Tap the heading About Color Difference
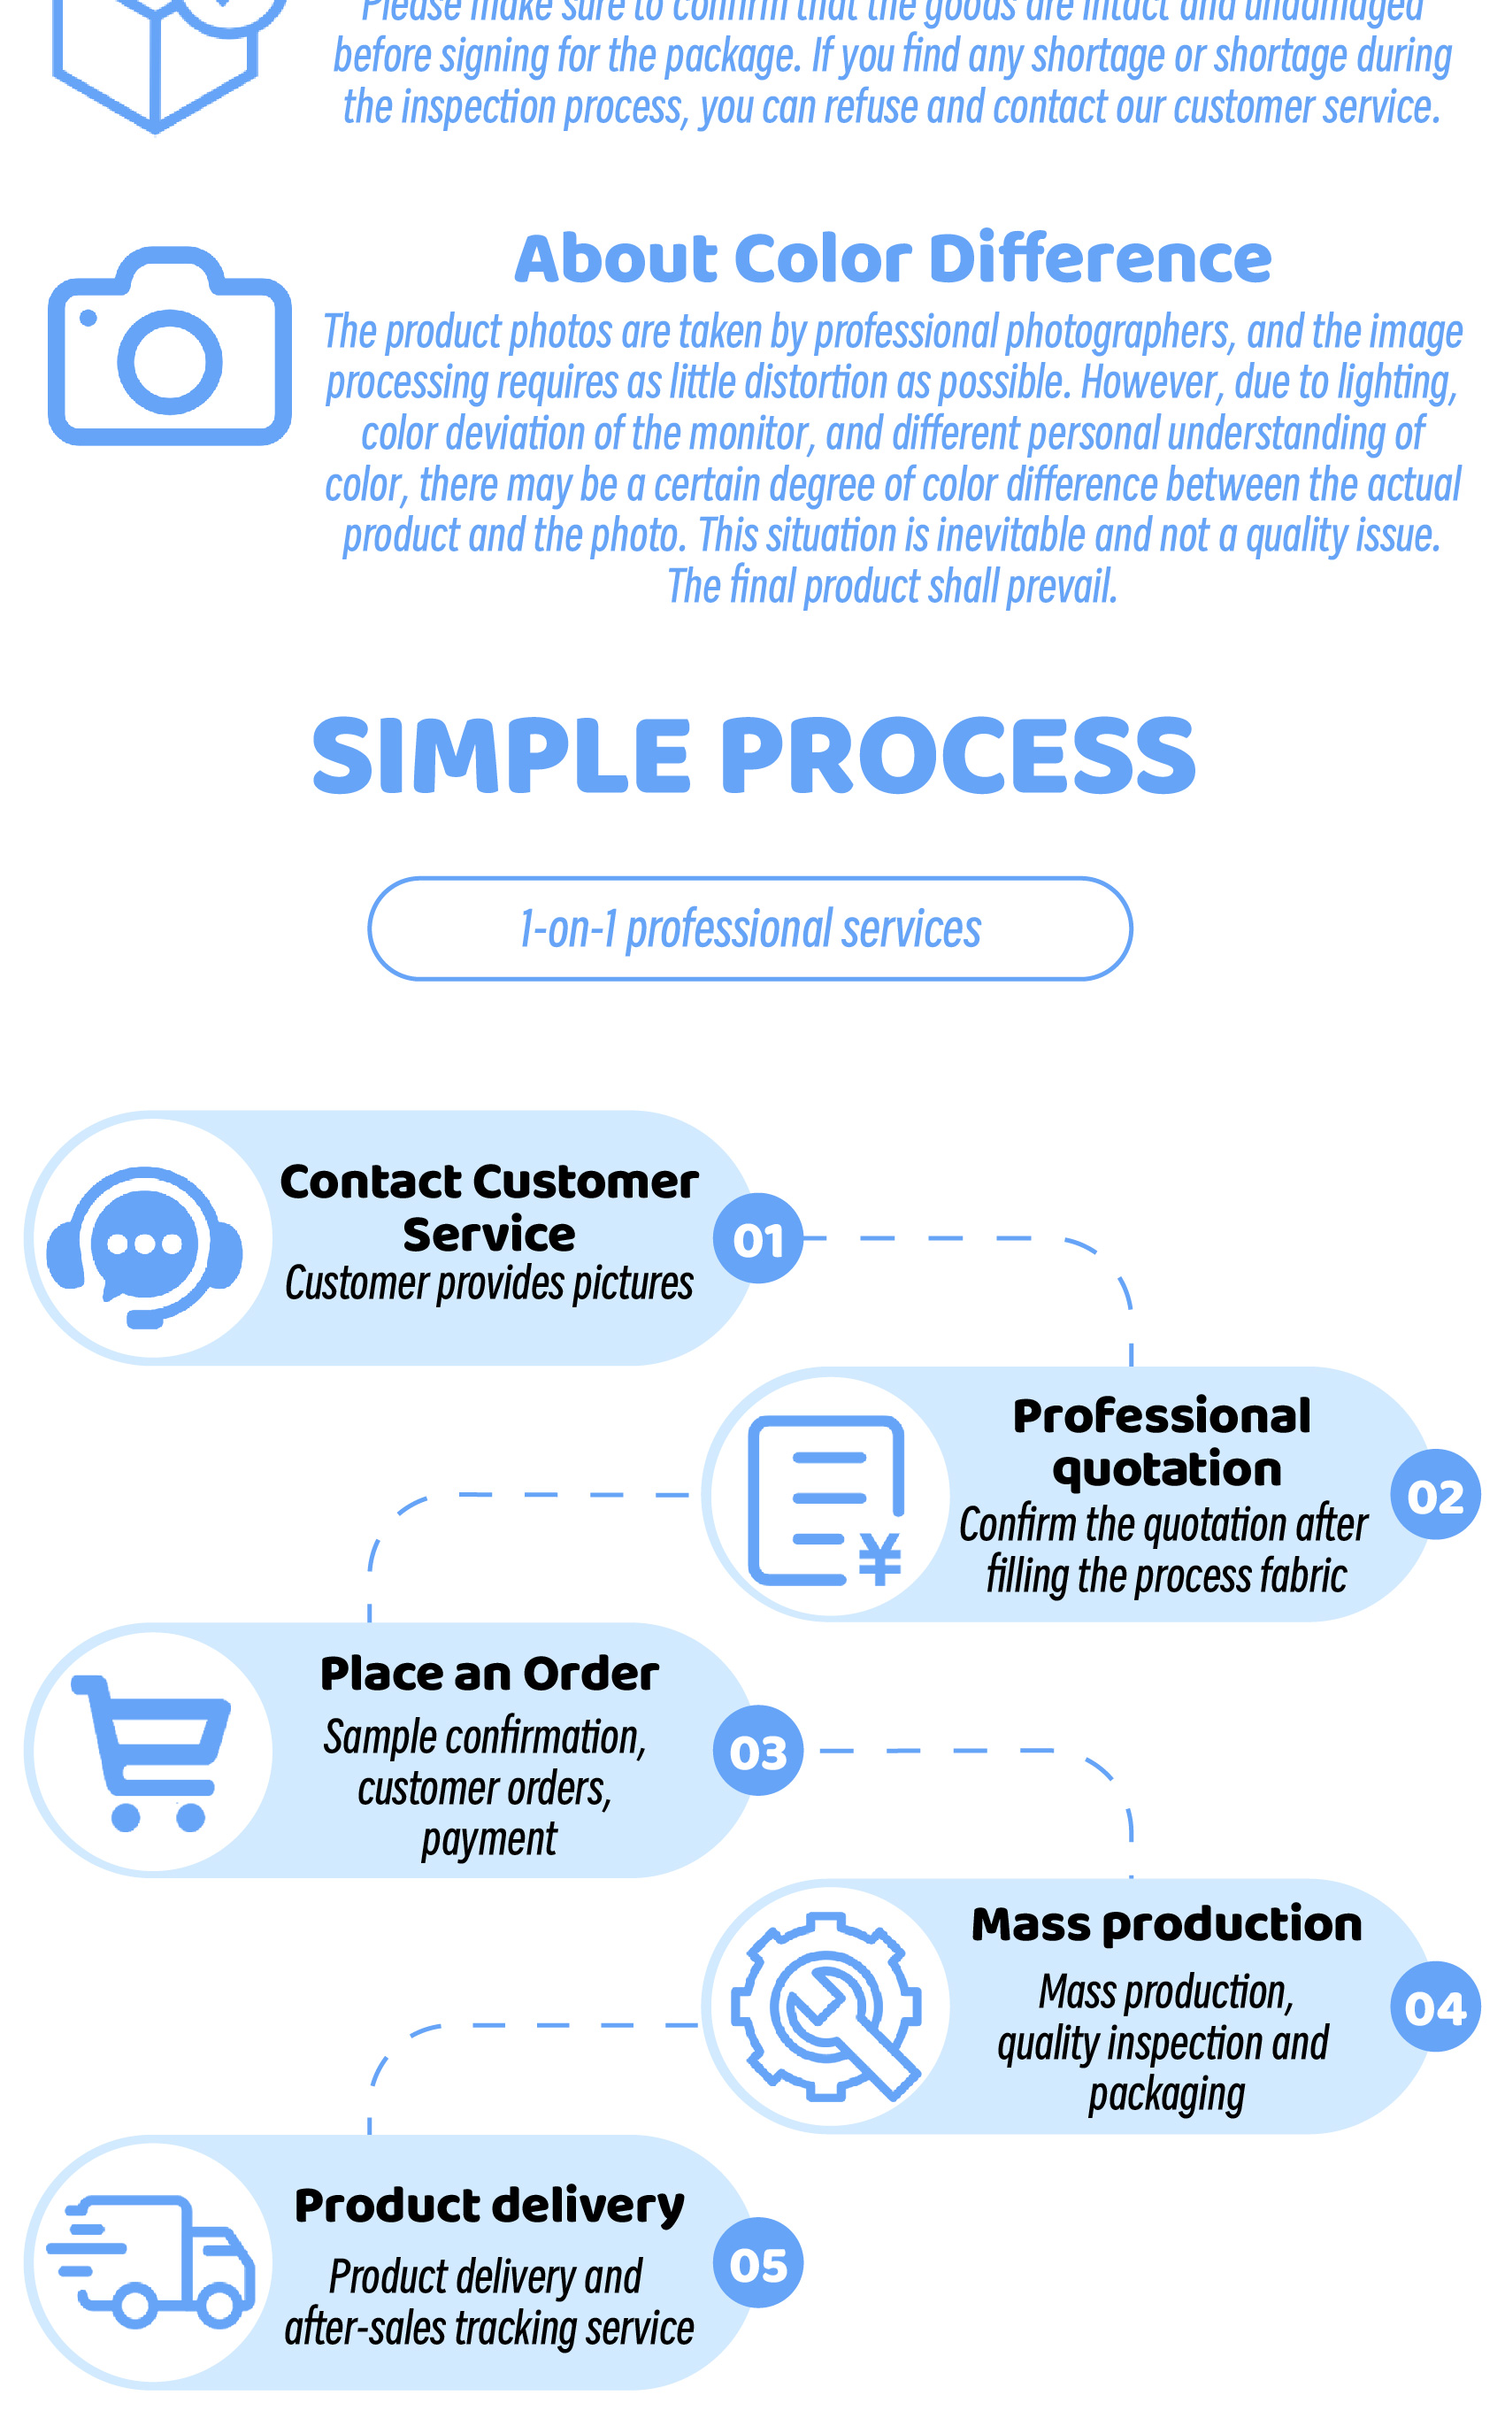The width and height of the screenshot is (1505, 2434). pyautogui.click(x=893, y=258)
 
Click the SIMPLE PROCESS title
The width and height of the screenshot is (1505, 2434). pyautogui.click(x=754, y=756)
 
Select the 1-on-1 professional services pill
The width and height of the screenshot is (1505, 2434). pyautogui.click(x=749, y=928)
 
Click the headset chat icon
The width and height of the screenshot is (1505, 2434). pyautogui.click(x=145, y=1244)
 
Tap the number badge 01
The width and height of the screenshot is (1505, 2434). pyautogui.click(x=757, y=1239)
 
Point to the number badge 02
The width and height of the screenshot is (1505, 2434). pyautogui.click(x=1434, y=1495)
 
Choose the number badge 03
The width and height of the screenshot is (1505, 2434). pyautogui.click(x=757, y=1752)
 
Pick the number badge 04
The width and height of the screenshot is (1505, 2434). pyautogui.click(x=1434, y=2008)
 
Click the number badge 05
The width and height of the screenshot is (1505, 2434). pyautogui.click(x=757, y=2265)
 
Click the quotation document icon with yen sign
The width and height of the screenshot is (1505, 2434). pyautogui.click(x=826, y=1501)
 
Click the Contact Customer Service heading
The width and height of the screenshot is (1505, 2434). pyautogui.click(x=488, y=1207)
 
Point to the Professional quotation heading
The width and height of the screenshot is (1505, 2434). pyautogui.click(x=1164, y=1443)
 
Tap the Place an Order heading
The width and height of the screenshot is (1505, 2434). pyautogui.click(x=488, y=1675)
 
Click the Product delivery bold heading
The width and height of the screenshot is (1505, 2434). pyautogui.click(x=488, y=2206)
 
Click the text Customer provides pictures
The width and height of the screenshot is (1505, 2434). pyautogui.click(x=488, y=1284)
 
